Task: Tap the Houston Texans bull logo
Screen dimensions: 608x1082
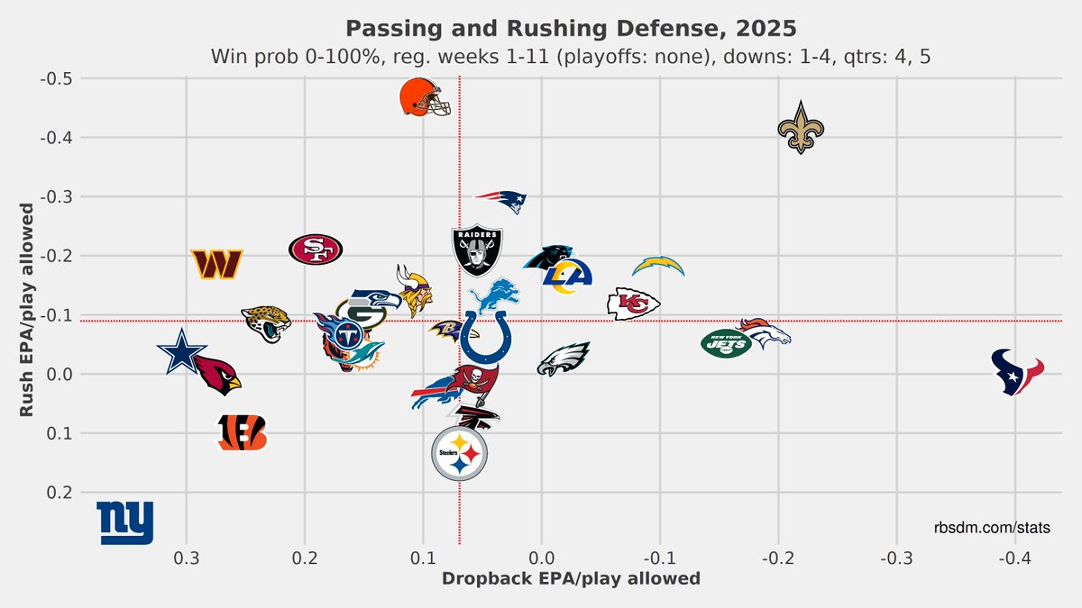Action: pyautogui.click(x=1017, y=371)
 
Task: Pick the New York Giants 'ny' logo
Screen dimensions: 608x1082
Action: pyautogui.click(x=125, y=522)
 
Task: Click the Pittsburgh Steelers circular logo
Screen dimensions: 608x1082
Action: pyautogui.click(x=460, y=455)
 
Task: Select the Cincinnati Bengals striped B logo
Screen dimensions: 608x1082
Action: pyautogui.click(x=243, y=433)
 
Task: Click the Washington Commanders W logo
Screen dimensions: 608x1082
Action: pyautogui.click(x=217, y=264)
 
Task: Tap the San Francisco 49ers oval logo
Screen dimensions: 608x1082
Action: pyautogui.click(x=316, y=249)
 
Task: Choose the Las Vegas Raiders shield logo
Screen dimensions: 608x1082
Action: pyautogui.click(x=478, y=251)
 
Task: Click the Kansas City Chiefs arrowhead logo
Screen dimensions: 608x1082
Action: pyautogui.click(x=633, y=304)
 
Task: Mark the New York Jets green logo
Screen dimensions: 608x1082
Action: pyautogui.click(x=726, y=343)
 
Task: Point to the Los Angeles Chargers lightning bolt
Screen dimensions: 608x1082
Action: pyautogui.click(x=658, y=267)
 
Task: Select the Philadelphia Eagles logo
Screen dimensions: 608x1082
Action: pyautogui.click(x=564, y=358)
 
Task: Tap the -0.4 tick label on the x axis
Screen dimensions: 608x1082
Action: pyautogui.click(x=1015, y=557)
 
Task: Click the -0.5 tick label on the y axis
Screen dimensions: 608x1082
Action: pyautogui.click(x=58, y=78)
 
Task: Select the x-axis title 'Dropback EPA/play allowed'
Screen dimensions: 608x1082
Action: pyautogui.click(x=571, y=578)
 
